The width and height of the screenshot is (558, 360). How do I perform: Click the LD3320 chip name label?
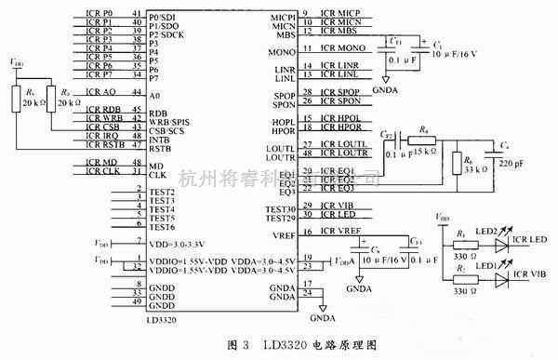[x=162, y=319]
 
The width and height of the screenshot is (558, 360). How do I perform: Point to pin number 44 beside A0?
[x=138, y=93]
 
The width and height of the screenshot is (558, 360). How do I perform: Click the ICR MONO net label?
[x=339, y=47]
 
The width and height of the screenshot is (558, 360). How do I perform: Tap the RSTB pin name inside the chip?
[x=160, y=146]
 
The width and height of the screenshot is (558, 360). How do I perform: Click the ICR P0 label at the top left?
[x=100, y=14]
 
